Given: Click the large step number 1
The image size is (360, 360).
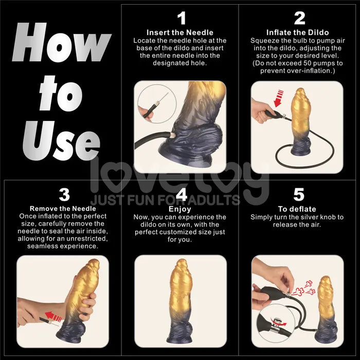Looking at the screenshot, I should pos(181,19).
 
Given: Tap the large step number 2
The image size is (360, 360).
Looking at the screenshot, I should pos(299,19).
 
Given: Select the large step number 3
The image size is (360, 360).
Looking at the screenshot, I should pos(64,195).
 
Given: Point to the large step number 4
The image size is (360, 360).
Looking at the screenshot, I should pos(181,195).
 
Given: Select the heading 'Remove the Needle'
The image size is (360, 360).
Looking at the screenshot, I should pos(63,209).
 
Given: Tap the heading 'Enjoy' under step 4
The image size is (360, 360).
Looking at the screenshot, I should pos(180,209).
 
